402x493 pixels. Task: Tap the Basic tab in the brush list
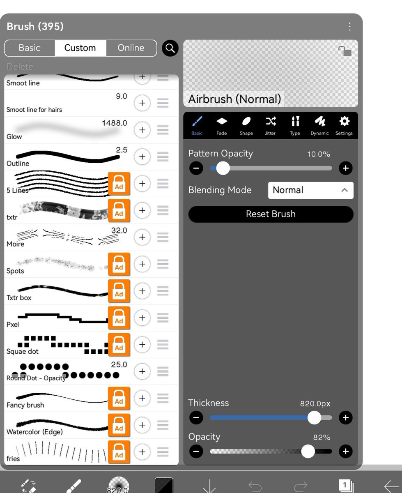pos(30,48)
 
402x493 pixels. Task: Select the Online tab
pos(131,48)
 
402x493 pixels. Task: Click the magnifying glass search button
pos(170,48)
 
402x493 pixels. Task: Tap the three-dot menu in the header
pos(349,27)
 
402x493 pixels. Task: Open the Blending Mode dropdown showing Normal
pos(311,190)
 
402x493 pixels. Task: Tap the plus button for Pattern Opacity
pos(345,168)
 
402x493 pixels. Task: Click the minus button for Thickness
pos(196,417)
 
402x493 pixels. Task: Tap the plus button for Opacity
pos(345,451)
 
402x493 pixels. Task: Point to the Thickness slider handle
pos(314,417)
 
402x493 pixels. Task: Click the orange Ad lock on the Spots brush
pos(119,264)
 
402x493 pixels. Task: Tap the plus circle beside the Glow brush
pos(142,130)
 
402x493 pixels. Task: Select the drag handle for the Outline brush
pos(163,157)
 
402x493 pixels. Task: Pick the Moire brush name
pos(16,244)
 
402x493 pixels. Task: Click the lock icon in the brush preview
pos(345,51)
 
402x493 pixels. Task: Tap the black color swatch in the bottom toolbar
pos(164,485)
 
